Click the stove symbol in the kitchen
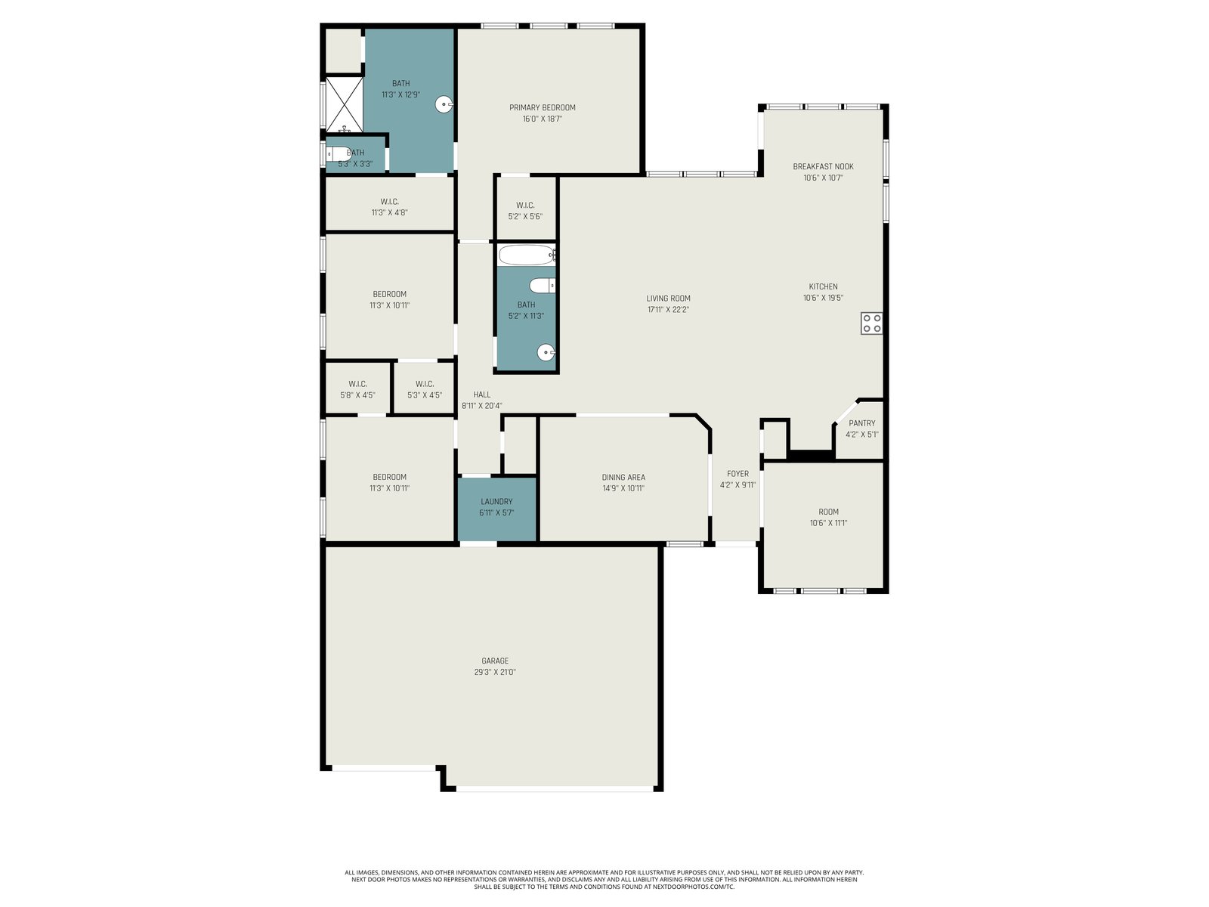click(x=871, y=323)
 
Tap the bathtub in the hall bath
click(x=527, y=255)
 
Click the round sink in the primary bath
click(x=444, y=104)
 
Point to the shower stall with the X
click(x=345, y=104)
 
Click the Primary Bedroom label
click(x=542, y=107)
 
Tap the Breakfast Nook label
click(x=823, y=166)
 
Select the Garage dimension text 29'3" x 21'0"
click(x=495, y=672)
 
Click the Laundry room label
click(x=496, y=502)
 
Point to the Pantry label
click(x=861, y=423)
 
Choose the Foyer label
click(x=737, y=474)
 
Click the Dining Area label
click(x=623, y=478)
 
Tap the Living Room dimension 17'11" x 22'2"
click(x=668, y=309)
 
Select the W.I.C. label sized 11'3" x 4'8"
click(x=389, y=202)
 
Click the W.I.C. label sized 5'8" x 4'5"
click(x=357, y=384)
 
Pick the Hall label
click(x=481, y=395)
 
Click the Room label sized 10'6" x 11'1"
click(x=828, y=512)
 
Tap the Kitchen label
click(x=823, y=286)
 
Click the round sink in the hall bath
click(x=546, y=352)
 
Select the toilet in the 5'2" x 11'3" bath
click(x=543, y=286)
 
